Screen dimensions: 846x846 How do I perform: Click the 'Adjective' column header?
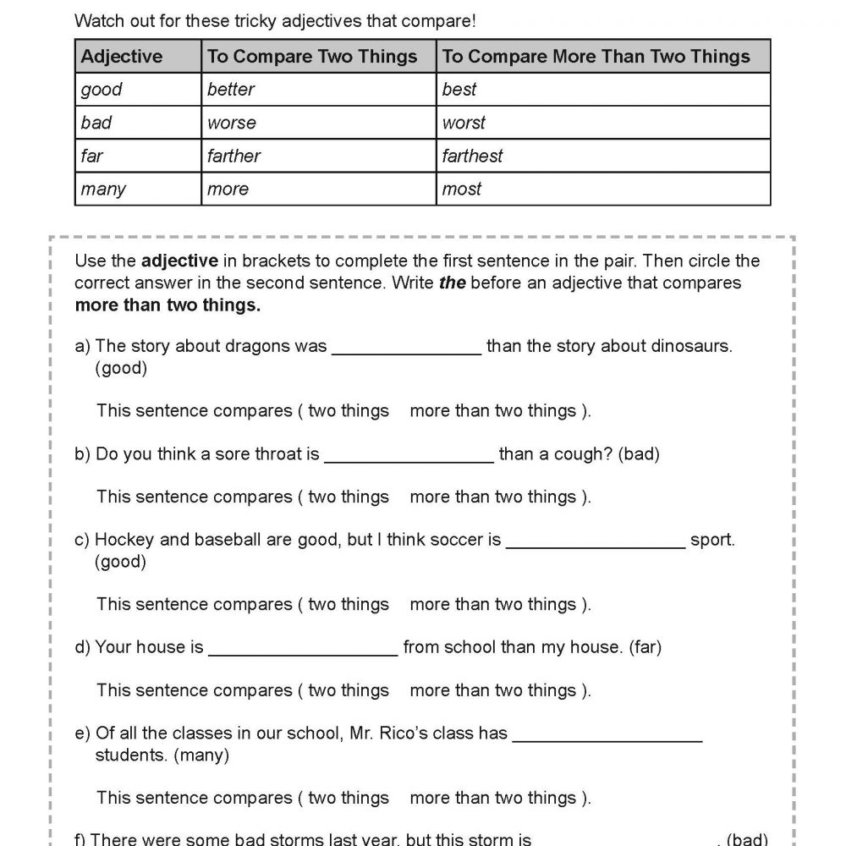tap(121, 57)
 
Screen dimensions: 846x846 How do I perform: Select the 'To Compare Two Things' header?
tap(312, 57)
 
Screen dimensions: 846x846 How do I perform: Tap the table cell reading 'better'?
tap(231, 90)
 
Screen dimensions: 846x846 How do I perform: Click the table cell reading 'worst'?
tap(464, 123)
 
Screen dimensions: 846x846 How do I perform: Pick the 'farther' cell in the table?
tap(233, 156)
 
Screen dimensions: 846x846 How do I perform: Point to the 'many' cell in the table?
tap(103, 189)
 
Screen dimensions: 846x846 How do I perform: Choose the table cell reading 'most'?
tap(462, 189)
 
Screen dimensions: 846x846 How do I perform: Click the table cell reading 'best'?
tap(459, 90)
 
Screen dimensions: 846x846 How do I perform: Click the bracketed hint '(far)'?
tap(645, 647)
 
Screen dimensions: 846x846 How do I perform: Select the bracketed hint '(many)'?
tap(201, 755)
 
